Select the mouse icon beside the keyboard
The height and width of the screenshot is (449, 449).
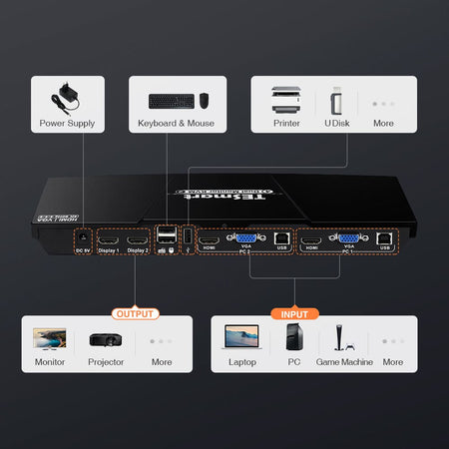click(204, 101)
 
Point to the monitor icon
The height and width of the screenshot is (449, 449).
click(50, 339)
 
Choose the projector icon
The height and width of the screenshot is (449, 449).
click(106, 339)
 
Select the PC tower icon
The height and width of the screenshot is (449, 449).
click(294, 337)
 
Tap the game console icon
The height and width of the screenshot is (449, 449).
click(343, 337)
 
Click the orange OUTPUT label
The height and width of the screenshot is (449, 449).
click(136, 313)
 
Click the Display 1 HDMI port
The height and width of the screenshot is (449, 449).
click(109, 240)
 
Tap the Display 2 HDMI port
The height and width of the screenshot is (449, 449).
click(137, 240)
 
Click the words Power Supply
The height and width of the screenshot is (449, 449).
click(66, 125)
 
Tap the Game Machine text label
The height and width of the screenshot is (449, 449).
click(343, 362)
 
